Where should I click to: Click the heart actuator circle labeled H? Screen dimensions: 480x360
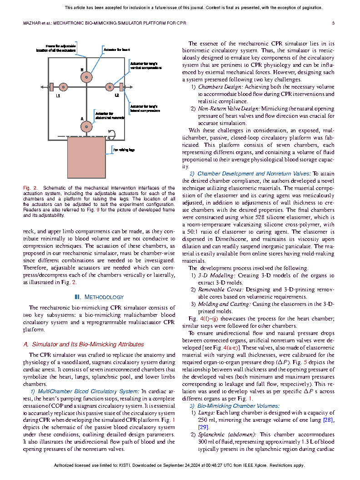(86, 77)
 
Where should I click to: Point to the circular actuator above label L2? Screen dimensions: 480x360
(109, 87)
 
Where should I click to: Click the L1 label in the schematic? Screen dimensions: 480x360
(58, 96)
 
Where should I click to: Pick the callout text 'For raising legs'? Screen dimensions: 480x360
(124, 150)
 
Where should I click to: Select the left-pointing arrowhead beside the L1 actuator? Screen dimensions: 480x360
(43, 87)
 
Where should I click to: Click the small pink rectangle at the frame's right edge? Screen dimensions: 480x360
(121, 87)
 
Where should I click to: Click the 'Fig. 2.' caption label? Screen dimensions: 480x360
(31, 188)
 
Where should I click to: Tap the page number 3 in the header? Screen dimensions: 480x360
(333, 23)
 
